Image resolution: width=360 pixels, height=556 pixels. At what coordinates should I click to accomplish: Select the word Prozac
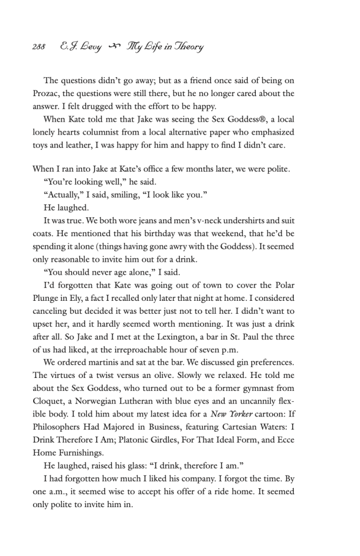(47, 93)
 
